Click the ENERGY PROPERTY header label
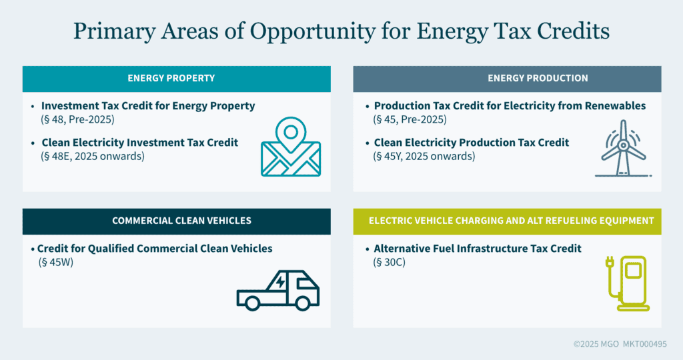pyautogui.click(x=171, y=79)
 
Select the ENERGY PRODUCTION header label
pyautogui.click(x=538, y=79)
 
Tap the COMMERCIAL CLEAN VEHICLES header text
pyautogui.click(x=181, y=221)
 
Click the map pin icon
pyautogui.click(x=291, y=147)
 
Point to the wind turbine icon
pyautogui.click(x=623, y=149)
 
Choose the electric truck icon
pyautogui.click(x=278, y=291)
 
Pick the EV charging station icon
pyautogui.click(x=627, y=283)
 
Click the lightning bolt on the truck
pyautogui.click(x=280, y=282)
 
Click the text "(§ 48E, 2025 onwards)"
pyautogui.click(x=92, y=156)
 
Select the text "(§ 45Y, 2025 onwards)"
pyautogui.click(x=424, y=156)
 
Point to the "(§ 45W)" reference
pyautogui.click(x=56, y=263)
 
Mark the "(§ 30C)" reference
pyautogui.click(x=389, y=263)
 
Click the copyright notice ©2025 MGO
pyautogui.click(x=596, y=344)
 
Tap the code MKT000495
pyautogui.click(x=645, y=344)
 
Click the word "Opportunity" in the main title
pyautogui.click(x=312, y=32)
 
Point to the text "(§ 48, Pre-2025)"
pyautogui.click(x=77, y=120)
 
